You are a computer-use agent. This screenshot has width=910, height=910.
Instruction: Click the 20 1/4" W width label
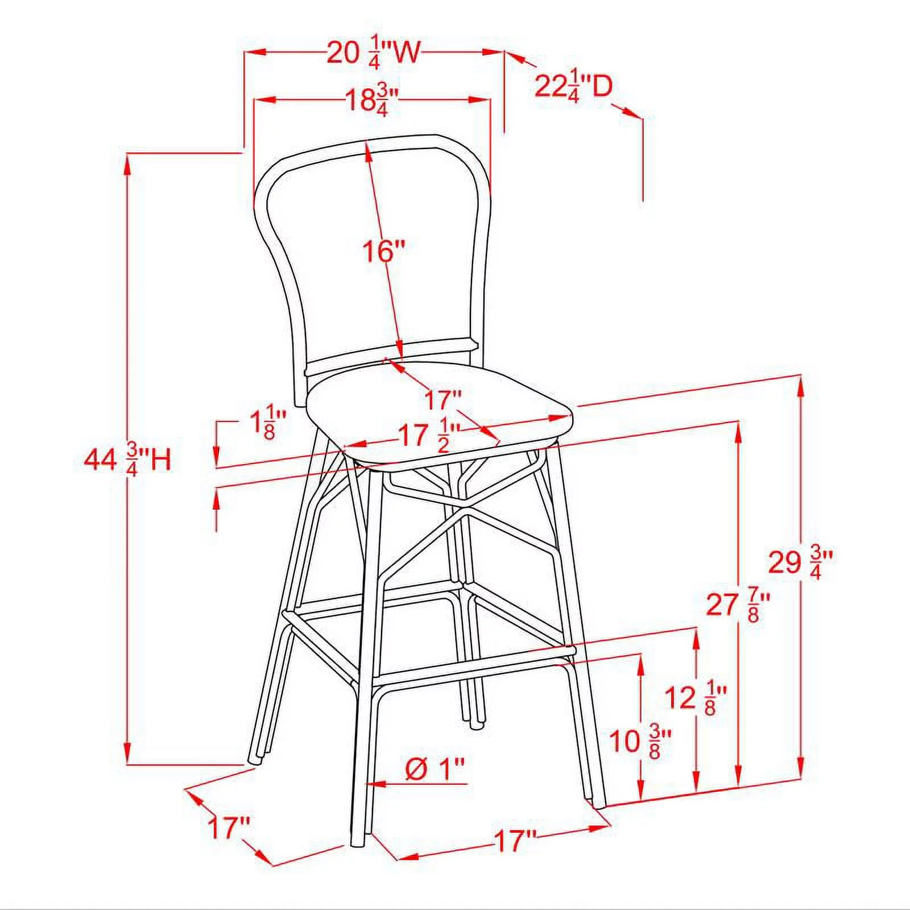pyautogui.click(x=373, y=53)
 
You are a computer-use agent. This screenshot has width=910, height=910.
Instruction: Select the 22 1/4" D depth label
pyautogui.click(x=573, y=87)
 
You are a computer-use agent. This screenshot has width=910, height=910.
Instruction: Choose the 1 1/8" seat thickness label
pyautogui.click(x=267, y=422)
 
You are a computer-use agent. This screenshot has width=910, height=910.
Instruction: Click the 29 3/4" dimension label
pyautogui.click(x=800, y=562)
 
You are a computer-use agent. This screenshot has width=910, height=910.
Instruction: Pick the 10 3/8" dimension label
pyautogui.click(x=640, y=741)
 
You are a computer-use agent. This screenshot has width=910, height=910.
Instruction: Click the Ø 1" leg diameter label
pyautogui.click(x=435, y=769)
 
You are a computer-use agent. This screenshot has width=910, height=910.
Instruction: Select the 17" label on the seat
pyautogui.click(x=444, y=399)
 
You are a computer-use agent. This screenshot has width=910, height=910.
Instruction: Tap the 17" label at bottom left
pyautogui.click(x=229, y=828)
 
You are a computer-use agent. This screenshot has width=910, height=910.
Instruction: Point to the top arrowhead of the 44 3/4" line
pyautogui.click(x=127, y=159)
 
